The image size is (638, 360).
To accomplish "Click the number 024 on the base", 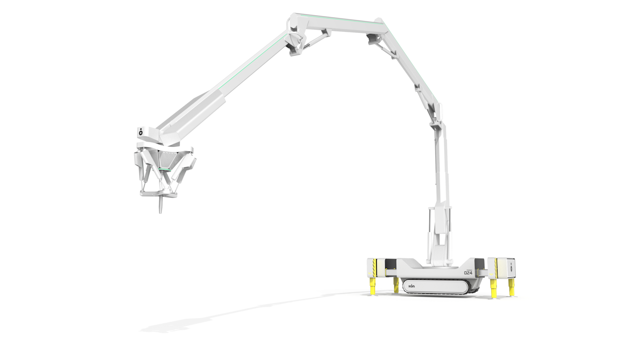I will [468, 273].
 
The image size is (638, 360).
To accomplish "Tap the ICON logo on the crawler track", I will [412, 286].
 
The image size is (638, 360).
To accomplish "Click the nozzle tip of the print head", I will [160, 211].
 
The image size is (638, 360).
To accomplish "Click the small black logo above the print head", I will [141, 132].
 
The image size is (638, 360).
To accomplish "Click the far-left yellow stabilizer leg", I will [372, 286].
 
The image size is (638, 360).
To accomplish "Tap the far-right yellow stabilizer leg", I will [511, 287].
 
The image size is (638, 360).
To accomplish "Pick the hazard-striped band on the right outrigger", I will [495, 268].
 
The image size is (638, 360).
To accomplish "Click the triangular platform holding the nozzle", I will [159, 193].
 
